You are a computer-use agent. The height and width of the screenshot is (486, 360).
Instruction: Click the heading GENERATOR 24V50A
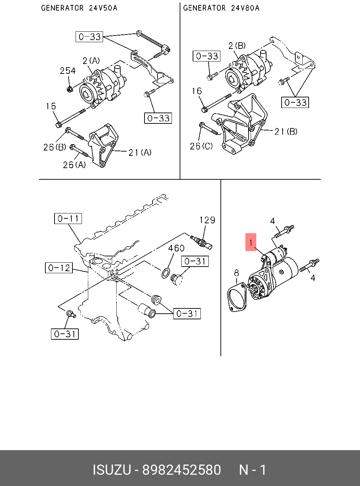(79, 8)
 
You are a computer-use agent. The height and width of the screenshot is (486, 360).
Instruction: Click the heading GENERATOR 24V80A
(221, 8)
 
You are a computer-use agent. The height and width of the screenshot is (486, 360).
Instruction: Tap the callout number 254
(68, 71)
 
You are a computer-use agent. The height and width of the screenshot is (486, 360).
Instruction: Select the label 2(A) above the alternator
(91, 61)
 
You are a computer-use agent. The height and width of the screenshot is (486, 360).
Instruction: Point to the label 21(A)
(140, 153)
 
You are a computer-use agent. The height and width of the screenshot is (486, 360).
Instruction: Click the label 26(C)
(201, 146)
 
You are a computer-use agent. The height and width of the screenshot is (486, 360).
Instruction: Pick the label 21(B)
(286, 132)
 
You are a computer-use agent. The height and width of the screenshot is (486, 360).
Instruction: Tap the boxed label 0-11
(68, 218)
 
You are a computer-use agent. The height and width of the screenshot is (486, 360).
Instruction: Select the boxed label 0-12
(59, 268)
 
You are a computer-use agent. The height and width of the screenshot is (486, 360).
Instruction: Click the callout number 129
(207, 220)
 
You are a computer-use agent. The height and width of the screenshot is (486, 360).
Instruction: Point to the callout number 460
(176, 248)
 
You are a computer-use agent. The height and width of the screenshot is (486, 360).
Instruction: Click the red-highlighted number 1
(251, 242)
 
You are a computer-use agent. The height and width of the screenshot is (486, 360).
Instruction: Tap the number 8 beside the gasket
(236, 273)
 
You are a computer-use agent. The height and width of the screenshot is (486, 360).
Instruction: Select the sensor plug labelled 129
(201, 242)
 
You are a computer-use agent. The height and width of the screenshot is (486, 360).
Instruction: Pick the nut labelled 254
(70, 89)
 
